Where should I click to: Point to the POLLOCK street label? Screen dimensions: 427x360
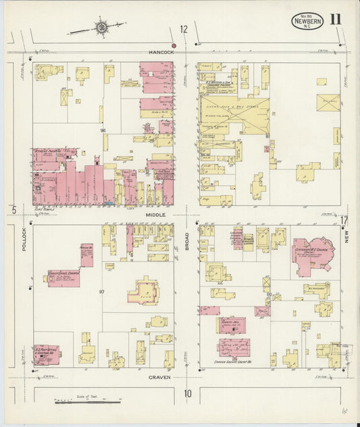pos(23,238)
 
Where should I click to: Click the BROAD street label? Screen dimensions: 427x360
pos(186,241)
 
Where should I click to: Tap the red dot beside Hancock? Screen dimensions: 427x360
pos(174,46)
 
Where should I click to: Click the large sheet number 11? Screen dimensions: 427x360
pos(336,19)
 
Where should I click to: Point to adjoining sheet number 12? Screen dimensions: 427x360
pos(184,29)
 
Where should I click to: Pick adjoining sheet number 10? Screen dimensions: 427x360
pos(187,393)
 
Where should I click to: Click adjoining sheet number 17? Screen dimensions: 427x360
pos(344,220)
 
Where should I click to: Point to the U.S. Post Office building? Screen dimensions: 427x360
pos(47,352)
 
